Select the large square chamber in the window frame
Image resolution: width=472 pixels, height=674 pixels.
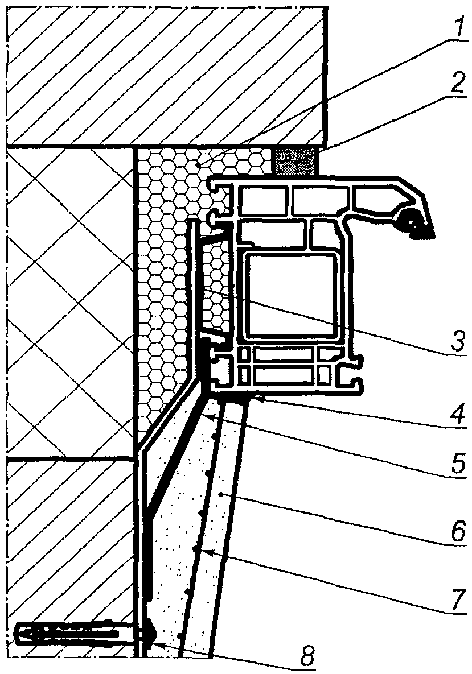coord(290,295)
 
